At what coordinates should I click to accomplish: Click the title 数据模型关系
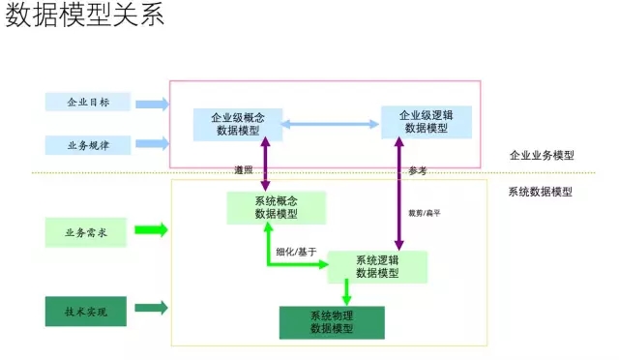click(x=84, y=17)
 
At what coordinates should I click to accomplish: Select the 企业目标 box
click(x=86, y=102)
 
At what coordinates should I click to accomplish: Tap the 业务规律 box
click(x=86, y=145)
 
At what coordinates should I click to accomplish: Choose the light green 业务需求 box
click(x=86, y=231)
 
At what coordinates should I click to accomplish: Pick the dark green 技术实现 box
click(x=86, y=311)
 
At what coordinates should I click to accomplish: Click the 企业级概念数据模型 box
click(x=237, y=124)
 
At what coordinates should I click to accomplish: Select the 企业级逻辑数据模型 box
click(x=426, y=121)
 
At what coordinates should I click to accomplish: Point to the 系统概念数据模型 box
click(x=276, y=207)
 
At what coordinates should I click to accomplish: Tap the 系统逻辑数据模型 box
click(x=376, y=266)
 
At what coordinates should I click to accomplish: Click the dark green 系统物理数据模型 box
click(x=331, y=322)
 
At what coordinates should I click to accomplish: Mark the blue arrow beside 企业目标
click(x=151, y=103)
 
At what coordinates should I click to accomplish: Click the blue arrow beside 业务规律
click(x=151, y=144)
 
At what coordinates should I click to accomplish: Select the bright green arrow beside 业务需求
click(x=151, y=230)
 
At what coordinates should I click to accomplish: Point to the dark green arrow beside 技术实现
click(x=151, y=309)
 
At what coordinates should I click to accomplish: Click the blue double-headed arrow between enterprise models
click(x=330, y=124)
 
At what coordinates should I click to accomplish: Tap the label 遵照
click(x=245, y=170)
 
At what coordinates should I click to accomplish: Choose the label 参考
click(x=417, y=171)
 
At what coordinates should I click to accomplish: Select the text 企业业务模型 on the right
click(x=542, y=155)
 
